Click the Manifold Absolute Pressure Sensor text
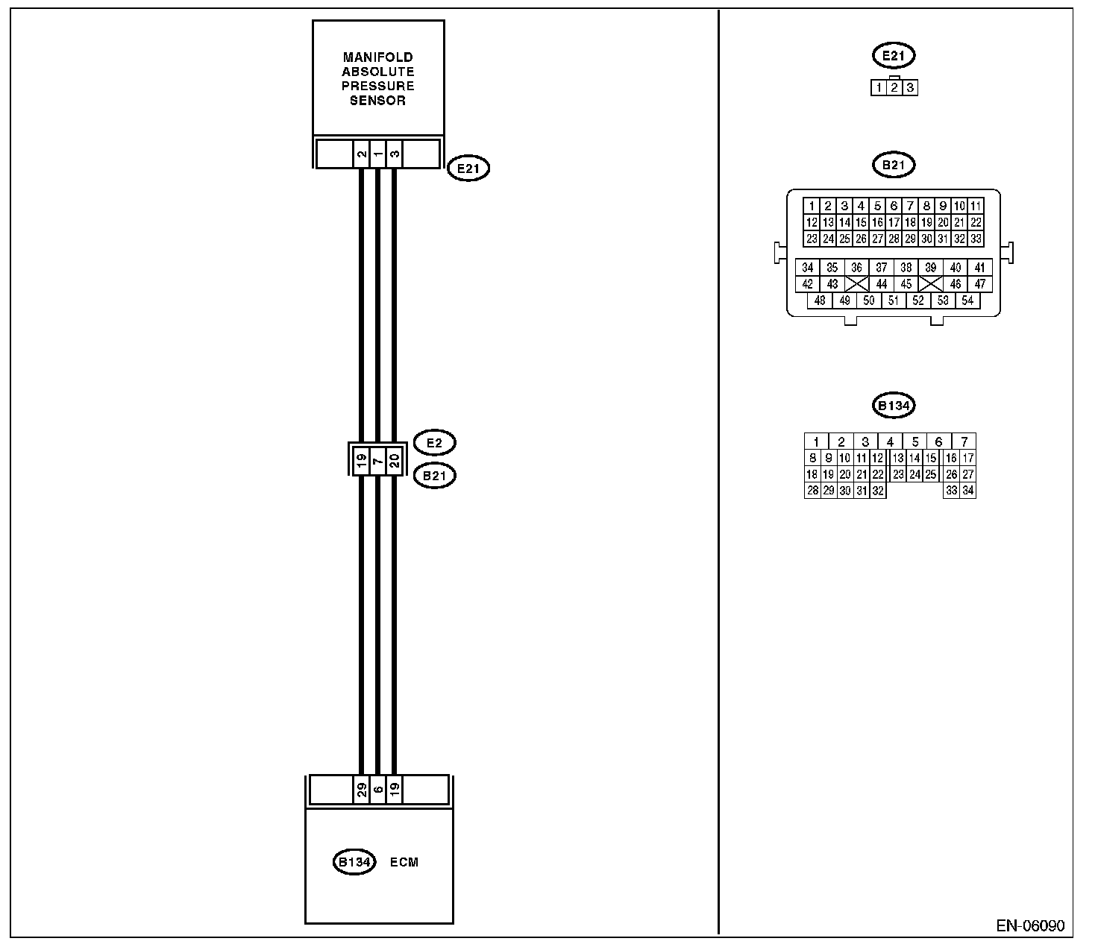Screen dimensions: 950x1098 [x=378, y=78]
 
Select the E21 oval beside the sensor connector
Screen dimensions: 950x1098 [x=468, y=169]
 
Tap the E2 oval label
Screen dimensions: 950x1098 [x=434, y=443]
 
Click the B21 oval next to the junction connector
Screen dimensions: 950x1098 [x=434, y=475]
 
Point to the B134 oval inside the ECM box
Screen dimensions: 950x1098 [x=354, y=862]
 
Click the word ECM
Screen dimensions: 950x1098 [x=404, y=862]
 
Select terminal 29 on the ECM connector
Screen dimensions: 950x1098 [x=362, y=790]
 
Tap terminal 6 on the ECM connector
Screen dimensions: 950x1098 [x=378, y=790]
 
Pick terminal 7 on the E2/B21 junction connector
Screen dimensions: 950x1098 [x=378, y=459]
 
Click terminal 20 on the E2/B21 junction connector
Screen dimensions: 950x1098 [x=395, y=459]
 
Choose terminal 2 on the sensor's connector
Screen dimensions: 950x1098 [x=362, y=154]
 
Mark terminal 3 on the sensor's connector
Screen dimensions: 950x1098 [x=395, y=154]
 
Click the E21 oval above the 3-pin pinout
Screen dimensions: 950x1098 [x=894, y=55]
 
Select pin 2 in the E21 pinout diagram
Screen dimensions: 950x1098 [x=894, y=88]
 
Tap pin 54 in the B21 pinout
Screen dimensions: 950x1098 [x=967, y=301]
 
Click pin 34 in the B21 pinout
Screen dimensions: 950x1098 [x=808, y=268]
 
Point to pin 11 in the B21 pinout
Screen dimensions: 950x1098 [x=976, y=206]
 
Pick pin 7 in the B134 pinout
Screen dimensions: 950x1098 [x=964, y=441]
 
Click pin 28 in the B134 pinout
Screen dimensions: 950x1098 [x=812, y=491]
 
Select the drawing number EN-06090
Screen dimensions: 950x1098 [x=1030, y=926]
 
